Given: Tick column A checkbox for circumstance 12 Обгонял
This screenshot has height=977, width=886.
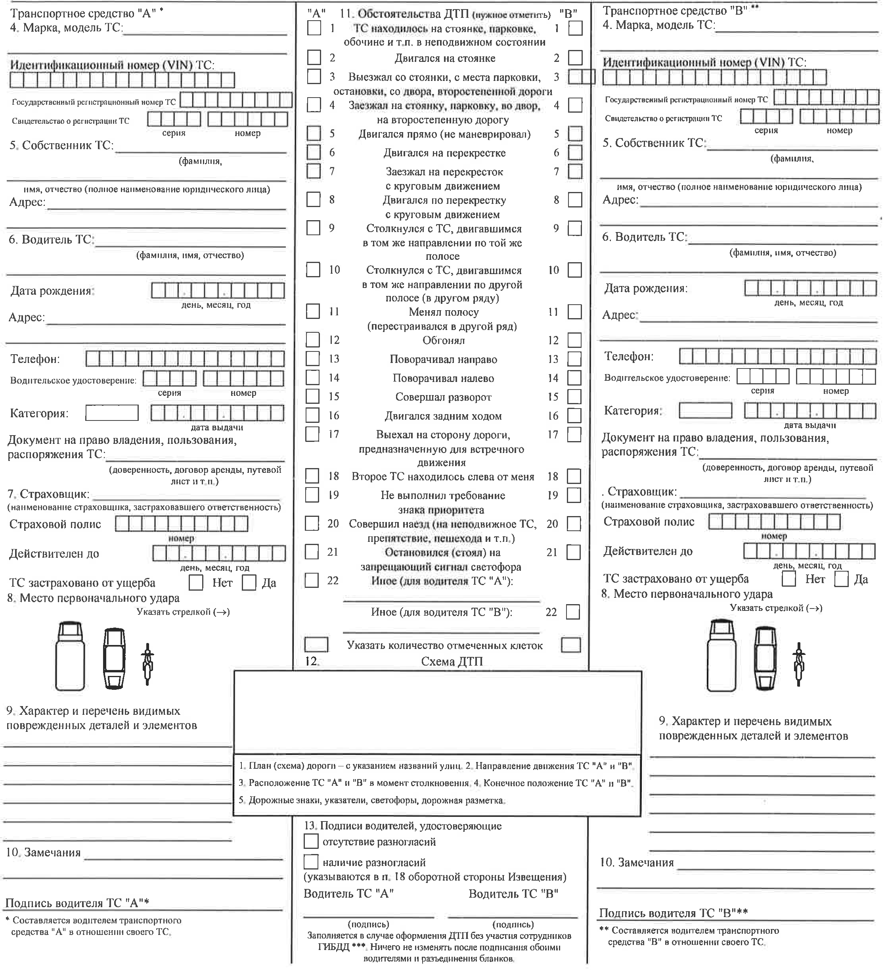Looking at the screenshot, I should pyautogui.click(x=313, y=340).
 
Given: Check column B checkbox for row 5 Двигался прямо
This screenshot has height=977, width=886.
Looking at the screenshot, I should pyautogui.click(x=575, y=133).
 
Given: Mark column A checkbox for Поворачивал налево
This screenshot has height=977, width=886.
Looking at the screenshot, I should pyautogui.click(x=313, y=378).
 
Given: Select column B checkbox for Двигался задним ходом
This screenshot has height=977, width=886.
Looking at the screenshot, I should pyautogui.click(x=574, y=415).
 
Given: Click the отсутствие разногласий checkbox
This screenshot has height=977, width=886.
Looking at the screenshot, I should pyautogui.click(x=311, y=841).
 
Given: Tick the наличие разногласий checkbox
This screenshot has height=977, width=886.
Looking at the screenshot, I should pyautogui.click(x=311, y=862).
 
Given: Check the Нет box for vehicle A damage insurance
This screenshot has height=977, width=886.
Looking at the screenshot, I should pyautogui.click(x=196, y=583).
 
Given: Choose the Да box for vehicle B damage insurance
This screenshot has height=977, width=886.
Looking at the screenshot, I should pyautogui.click(x=842, y=579).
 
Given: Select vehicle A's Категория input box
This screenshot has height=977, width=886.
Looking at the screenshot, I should pyautogui.click(x=112, y=413).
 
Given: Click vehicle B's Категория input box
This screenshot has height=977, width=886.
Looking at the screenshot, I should pyautogui.click(x=705, y=411).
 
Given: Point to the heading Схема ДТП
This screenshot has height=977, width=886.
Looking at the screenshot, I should pyautogui.click(x=452, y=662).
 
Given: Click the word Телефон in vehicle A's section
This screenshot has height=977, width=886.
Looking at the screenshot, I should pyautogui.click(x=35, y=359).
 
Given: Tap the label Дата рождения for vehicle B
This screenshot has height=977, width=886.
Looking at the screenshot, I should pyautogui.click(x=646, y=288).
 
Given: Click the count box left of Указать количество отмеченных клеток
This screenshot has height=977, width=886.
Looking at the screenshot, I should pyautogui.click(x=316, y=645).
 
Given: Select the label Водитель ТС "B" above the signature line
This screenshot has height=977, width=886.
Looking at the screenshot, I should pyautogui.click(x=513, y=894).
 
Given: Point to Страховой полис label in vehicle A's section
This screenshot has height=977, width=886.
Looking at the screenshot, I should pyautogui.click(x=55, y=524).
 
